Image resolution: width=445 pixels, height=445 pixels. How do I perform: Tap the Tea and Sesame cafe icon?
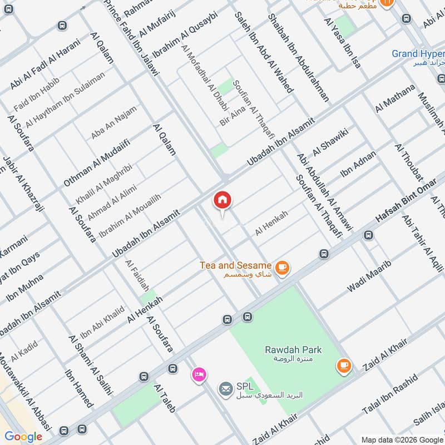[x=283, y=268]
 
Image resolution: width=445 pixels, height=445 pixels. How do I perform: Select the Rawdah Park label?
[x=287, y=350]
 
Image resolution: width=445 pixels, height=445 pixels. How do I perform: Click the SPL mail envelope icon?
[x=226, y=388]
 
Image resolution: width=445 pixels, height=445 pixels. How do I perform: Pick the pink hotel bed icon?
[x=197, y=374]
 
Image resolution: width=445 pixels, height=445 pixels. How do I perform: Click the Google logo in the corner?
[x=23, y=437]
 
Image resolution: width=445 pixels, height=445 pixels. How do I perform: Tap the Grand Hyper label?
[x=418, y=54]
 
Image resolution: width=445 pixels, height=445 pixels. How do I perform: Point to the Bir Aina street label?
[x=233, y=117]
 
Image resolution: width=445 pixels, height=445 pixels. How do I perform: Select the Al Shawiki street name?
[x=330, y=142]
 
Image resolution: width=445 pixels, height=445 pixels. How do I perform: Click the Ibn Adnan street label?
[x=358, y=164]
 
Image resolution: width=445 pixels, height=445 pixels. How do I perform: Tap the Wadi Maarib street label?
[x=369, y=276]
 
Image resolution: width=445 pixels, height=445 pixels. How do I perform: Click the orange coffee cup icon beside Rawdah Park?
[x=343, y=365]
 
